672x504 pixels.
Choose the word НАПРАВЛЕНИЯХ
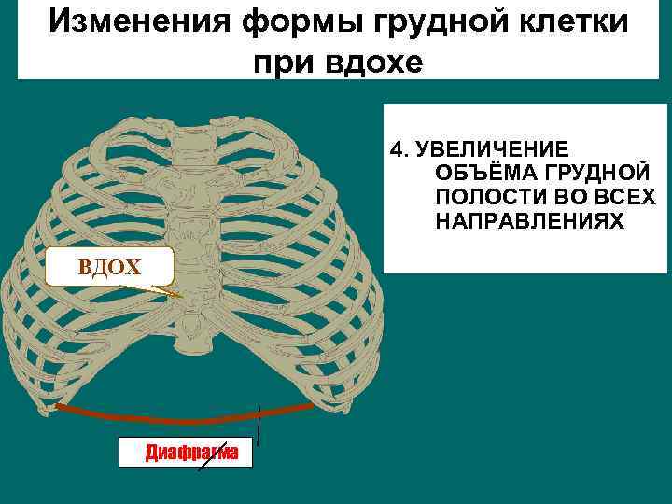[x=527, y=221]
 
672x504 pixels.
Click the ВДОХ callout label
[x=110, y=268]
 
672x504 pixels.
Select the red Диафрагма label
[x=192, y=454]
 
